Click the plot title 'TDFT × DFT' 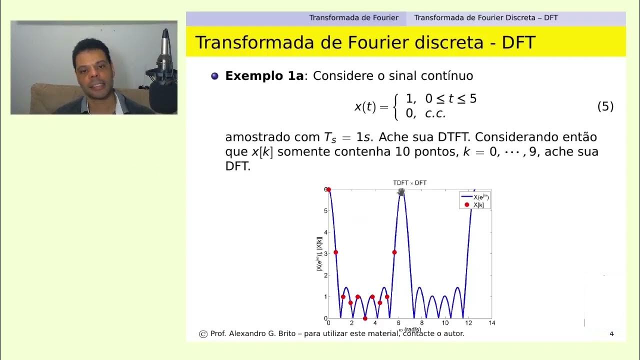click(409, 183)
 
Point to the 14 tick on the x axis click(491, 323)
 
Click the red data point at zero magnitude click(365, 318)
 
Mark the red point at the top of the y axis click(328, 189)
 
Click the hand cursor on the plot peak click(401, 192)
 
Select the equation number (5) click(605, 106)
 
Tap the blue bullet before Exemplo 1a click(215, 76)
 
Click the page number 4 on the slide click(611, 333)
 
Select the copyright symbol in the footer click(203, 334)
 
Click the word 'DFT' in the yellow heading click(518, 43)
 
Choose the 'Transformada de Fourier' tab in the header click(353, 18)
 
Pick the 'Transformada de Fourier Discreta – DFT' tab click(485, 18)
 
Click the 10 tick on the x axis click(444, 323)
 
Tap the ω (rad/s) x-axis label click(410, 329)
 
